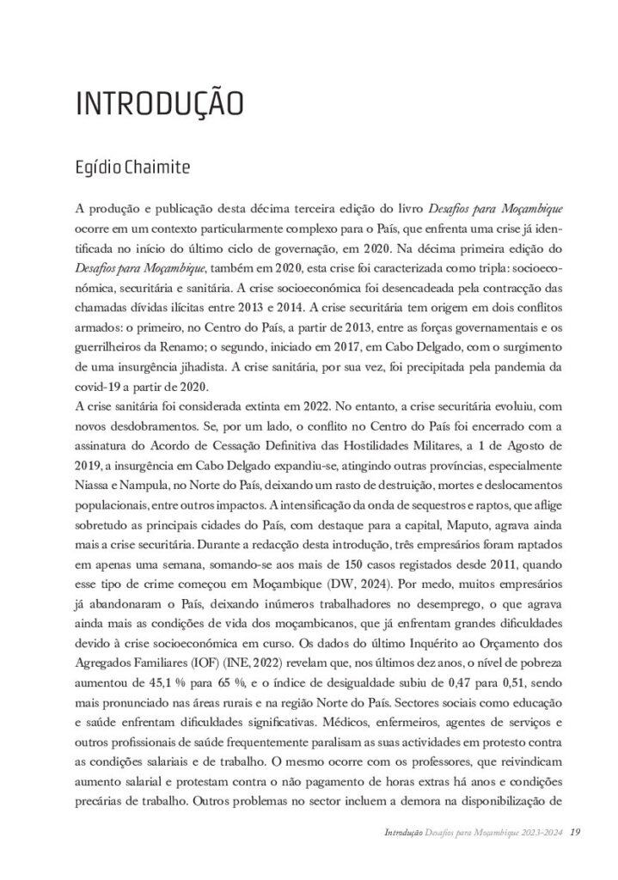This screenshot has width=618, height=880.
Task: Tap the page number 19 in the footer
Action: (x=576, y=832)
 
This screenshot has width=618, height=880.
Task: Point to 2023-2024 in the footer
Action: (x=542, y=832)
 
